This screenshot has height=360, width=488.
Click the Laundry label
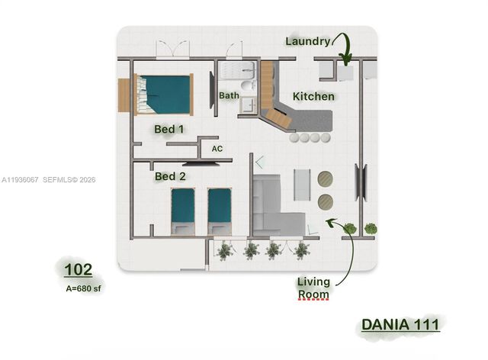[x=307, y=40]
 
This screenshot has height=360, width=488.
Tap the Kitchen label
[x=313, y=97]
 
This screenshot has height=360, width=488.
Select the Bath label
[x=229, y=95]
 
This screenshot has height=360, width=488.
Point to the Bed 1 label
[x=169, y=129]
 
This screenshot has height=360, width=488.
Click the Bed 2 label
[x=170, y=176]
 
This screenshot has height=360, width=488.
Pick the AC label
[x=217, y=149]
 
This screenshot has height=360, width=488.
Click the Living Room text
[x=313, y=288]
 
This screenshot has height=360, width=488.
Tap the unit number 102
[x=79, y=269]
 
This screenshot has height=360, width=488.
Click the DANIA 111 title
[x=400, y=323]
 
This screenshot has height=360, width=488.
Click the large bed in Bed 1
[x=163, y=94]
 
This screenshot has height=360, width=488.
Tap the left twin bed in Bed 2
[x=183, y=211]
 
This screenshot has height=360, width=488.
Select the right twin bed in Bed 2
[x=220, y=211]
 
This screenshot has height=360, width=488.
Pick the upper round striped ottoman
[x=326, y=179]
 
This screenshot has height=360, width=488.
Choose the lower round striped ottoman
[x=326, y=202]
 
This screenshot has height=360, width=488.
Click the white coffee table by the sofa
[x=302, y=184]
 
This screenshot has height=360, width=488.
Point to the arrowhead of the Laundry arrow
[x=345, y=61]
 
